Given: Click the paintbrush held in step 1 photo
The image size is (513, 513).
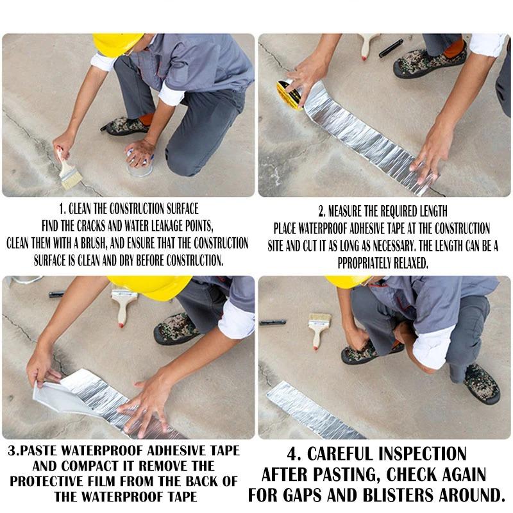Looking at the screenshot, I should point(67,171).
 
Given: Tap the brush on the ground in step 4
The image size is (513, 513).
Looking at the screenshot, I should point(319,329).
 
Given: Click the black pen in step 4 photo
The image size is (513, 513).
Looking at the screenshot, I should point(273,323).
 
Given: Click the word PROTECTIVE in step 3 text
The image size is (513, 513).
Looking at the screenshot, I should point(60,481).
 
